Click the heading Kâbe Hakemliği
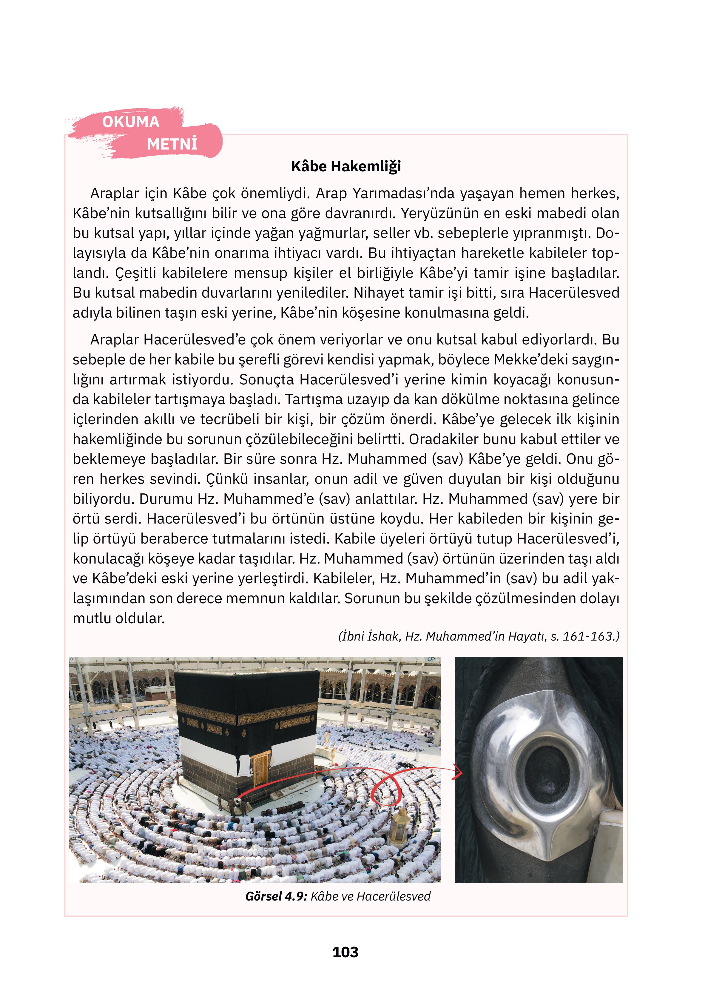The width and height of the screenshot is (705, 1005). click(x=346, y=166)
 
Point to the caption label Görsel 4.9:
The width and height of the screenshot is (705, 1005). click(x=275, y=892)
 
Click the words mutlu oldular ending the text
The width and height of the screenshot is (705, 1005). click(x=119, y=618)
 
